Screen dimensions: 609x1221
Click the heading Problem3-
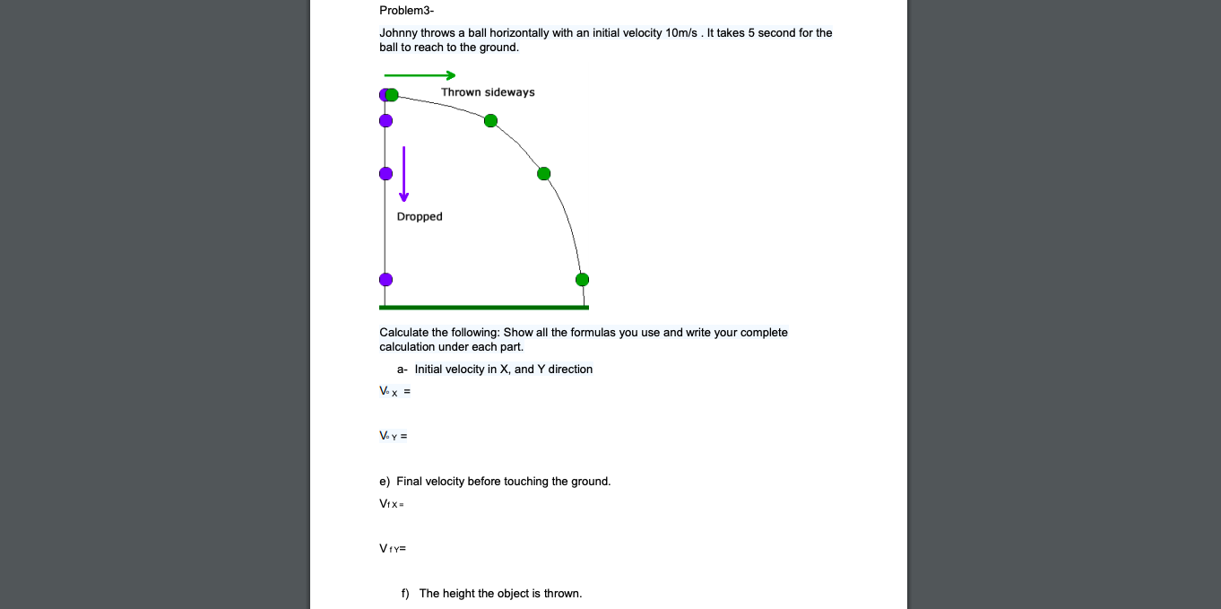pyautogui.click(x=406, y=11)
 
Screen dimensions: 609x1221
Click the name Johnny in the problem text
pyautogui.click(x=399, y=33)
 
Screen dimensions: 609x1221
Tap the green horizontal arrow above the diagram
pyautogui.click(x=420, y=75)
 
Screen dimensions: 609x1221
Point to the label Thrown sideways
pyautogui.click(x=488, y=92)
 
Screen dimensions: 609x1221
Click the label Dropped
pyautogui.click(x=420, y=217)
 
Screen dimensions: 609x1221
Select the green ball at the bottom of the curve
pyautogui.click(x=583, y=280)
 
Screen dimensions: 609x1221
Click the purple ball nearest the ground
pyautogui.click(x=385, y=280)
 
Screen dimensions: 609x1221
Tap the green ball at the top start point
pyautogui.click(x=392, y=94)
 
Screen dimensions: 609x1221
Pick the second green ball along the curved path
pyautogui.click(x=490, y=121)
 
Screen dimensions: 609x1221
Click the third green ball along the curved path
pyautogui.click(x=543, y=174)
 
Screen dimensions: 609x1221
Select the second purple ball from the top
pyautogui.click(x=385, y=121)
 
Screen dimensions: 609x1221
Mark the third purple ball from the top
pyautogui.click(x=385, y=174)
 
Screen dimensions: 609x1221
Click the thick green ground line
pyautogui.click(x=484, y=308)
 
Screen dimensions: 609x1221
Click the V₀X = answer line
pyautogui.click(x=395, y=392)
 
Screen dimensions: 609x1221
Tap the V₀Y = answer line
pyautogui.click(x=394, y=437)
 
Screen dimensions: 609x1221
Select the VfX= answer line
pyautogui.click(x=393, y=504)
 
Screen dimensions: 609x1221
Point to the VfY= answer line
pyautogui.click(x=393, y=548)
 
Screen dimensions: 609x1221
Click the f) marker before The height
pyautogui.click(x=405, y=594)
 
